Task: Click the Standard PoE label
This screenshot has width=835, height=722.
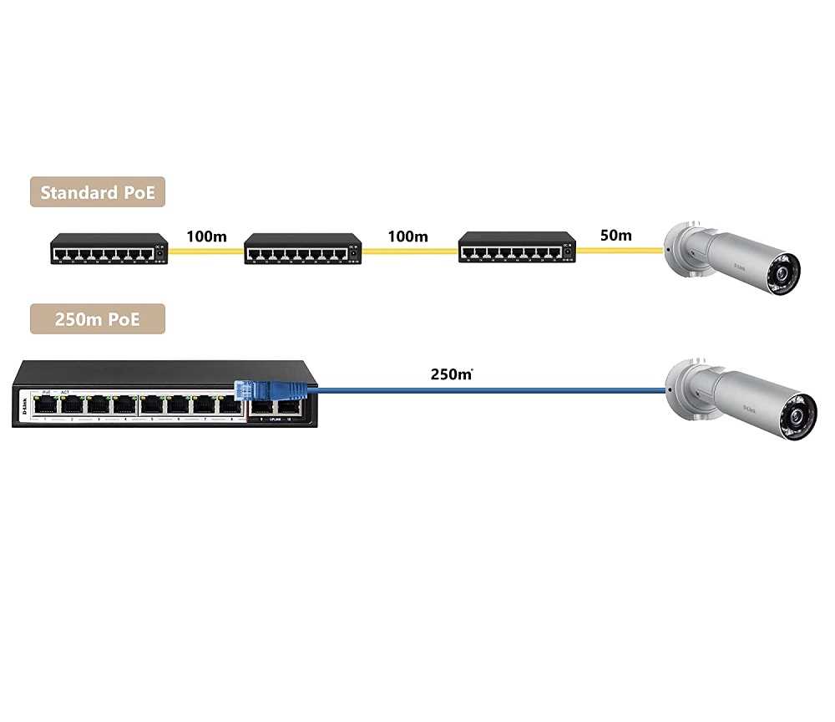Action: [x=98, y=192]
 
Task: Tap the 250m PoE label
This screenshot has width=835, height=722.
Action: [x=98, y=319]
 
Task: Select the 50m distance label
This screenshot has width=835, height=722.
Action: [x=615, y=236]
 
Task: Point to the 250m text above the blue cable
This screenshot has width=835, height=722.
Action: [x=451, y=374]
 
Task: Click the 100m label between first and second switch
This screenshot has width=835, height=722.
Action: [x=206, y=236]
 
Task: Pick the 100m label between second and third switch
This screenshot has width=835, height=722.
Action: [x=407, y=236]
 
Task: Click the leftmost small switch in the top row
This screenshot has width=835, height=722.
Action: [x=109, y=249]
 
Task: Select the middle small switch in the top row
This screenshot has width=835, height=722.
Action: [x=302, y=249]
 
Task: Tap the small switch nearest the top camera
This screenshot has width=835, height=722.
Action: [x=517, y=248]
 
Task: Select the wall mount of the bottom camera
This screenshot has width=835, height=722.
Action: [x=680, y=386]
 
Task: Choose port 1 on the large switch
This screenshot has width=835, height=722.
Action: [x=47, y=405]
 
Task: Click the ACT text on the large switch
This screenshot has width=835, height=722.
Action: [x=64, y=392]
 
